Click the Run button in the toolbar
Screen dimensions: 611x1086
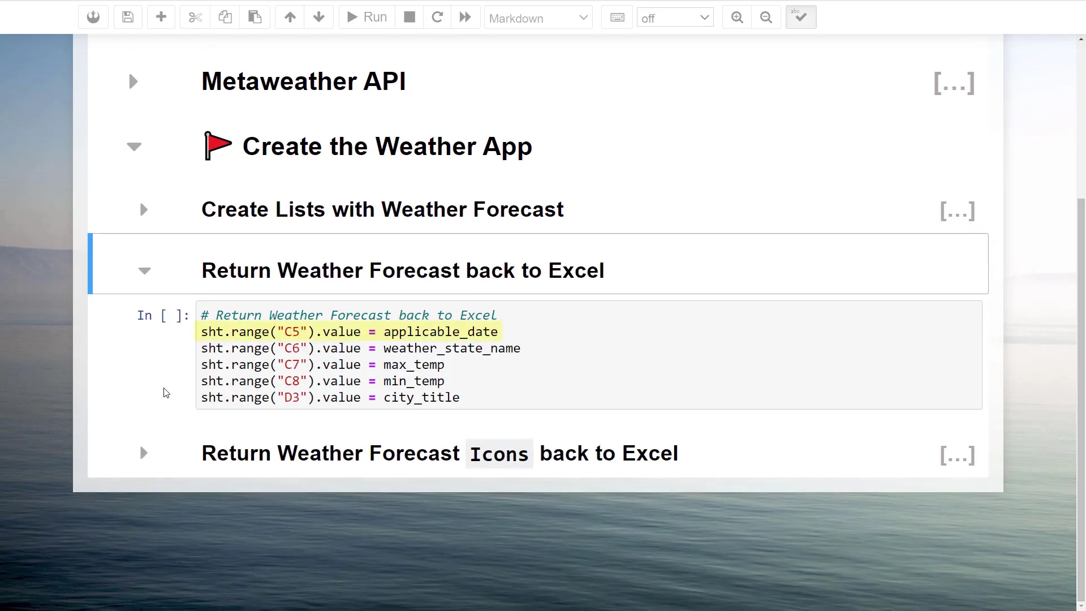[x=367, y=17]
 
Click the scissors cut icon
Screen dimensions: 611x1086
[x=195, y=17]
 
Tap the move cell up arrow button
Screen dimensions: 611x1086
[x=290, y=17]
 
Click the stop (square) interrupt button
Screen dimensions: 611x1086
[x=410, y=17]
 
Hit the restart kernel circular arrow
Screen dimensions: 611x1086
[x=437, y=17]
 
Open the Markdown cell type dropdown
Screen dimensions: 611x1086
[x=538, y=18]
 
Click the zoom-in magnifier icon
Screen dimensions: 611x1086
[x=736, y=17]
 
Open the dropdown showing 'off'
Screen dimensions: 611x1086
[x=675, y=18]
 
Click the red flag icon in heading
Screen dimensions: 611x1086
[x=218, y=146]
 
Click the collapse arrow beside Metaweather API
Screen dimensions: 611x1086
[x=133, y=81]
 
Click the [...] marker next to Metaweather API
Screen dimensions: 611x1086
[x=954, y=83]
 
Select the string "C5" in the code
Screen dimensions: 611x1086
[x=292, y=332]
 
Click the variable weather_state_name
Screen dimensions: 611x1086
[x=451, y=348]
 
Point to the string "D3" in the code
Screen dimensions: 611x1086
[x=292, y=398]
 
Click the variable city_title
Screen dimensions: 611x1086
[x=421, y=398]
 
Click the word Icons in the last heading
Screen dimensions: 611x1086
[x=499, y=454]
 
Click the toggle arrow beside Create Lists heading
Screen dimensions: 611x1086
[x=144, y=210]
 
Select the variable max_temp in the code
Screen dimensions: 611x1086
[x=413, y=365]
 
